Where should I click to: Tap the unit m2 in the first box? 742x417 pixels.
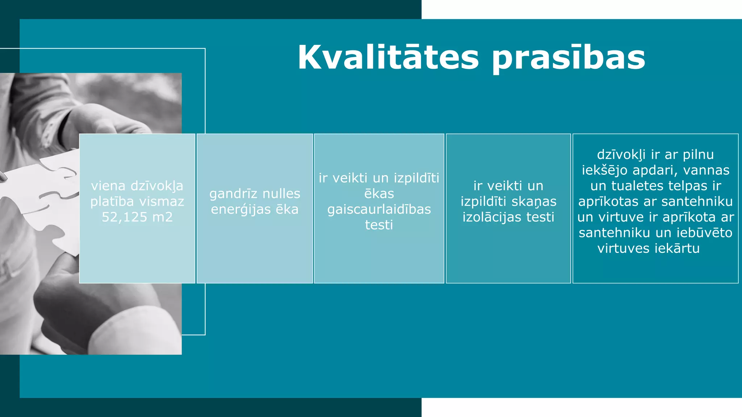(163, 217)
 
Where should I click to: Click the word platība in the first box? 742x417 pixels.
(112, 202)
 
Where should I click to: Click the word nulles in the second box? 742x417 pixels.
(281, 194)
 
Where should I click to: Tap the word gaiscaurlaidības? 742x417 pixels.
(379, 210)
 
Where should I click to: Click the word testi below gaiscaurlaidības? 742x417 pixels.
(379, 225)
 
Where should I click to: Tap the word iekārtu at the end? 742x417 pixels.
(678, 248)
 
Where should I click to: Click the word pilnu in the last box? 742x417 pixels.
(698, 155)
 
